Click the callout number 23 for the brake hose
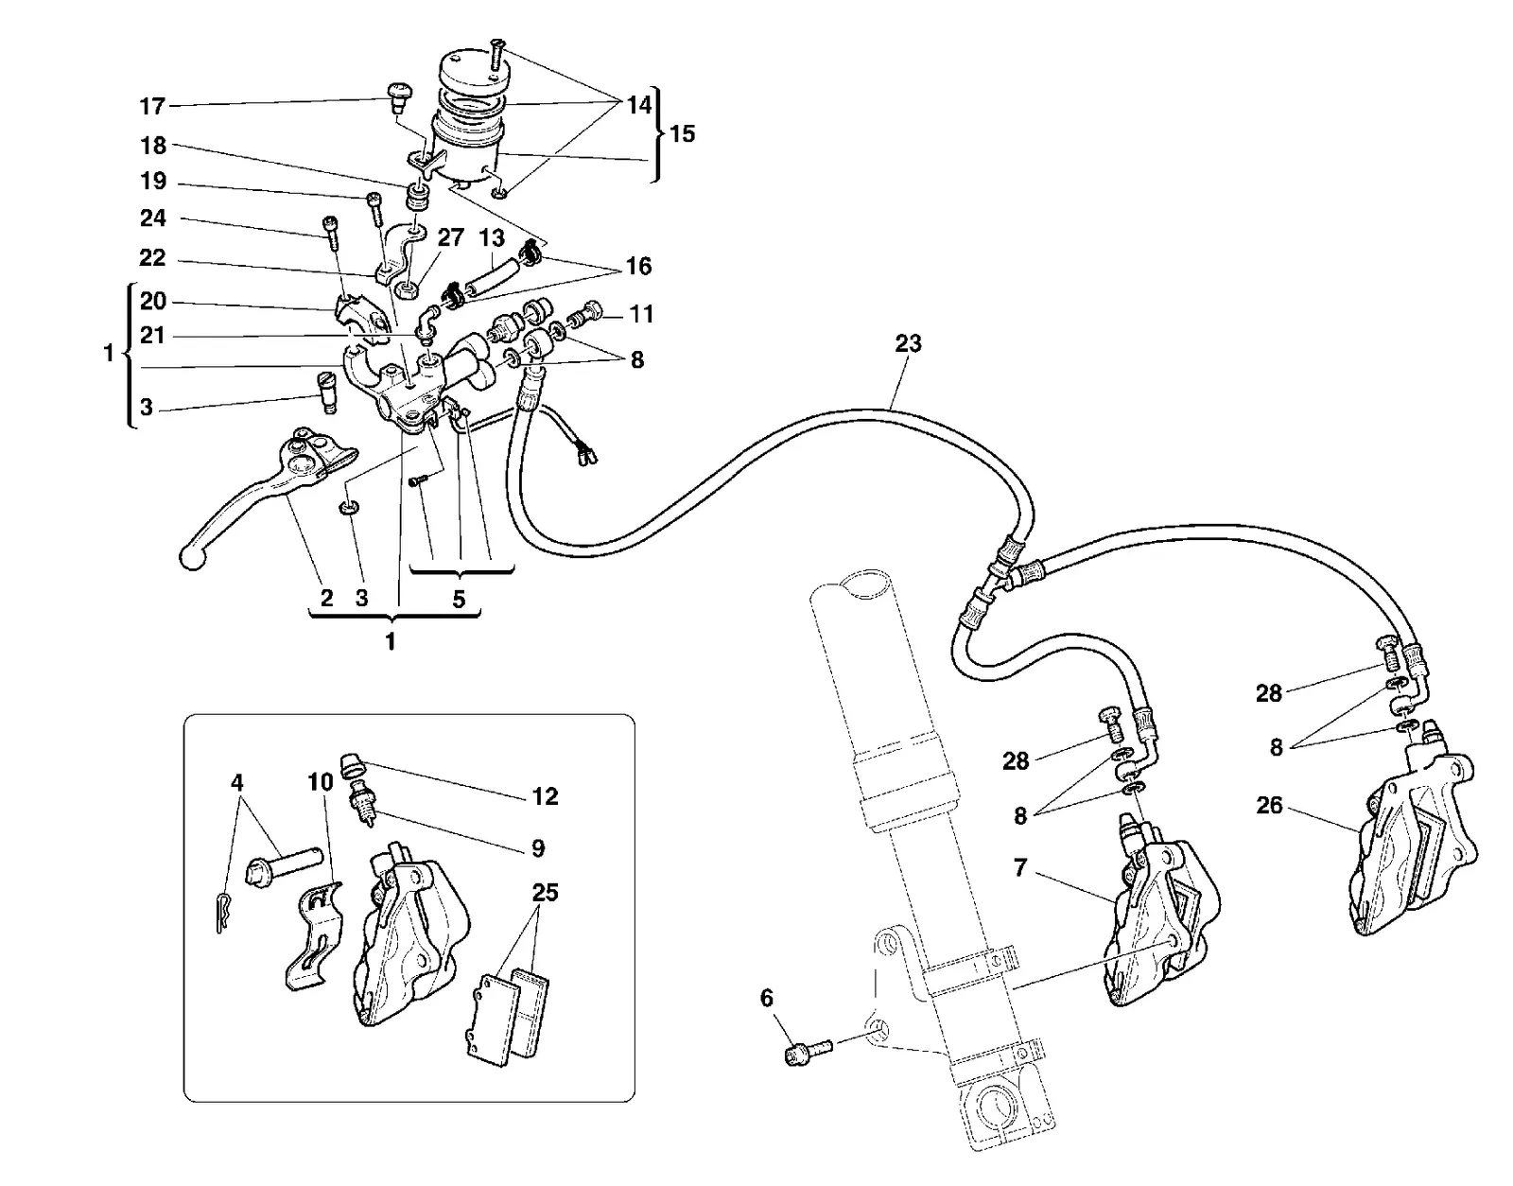pos(908,343)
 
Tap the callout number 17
pos(152,107)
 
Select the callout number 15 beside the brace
pos(683,133)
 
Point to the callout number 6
pos(766,998)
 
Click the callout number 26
pos(1269,805)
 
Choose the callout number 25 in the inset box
pos(546,892)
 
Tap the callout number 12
pos(546,796)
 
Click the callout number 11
pos(641,314)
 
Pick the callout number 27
pos(450,237)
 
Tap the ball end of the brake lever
pos(192,558)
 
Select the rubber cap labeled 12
pos(353,765)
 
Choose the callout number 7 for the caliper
pos(1020,867)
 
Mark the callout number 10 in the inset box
pos(321,782)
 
